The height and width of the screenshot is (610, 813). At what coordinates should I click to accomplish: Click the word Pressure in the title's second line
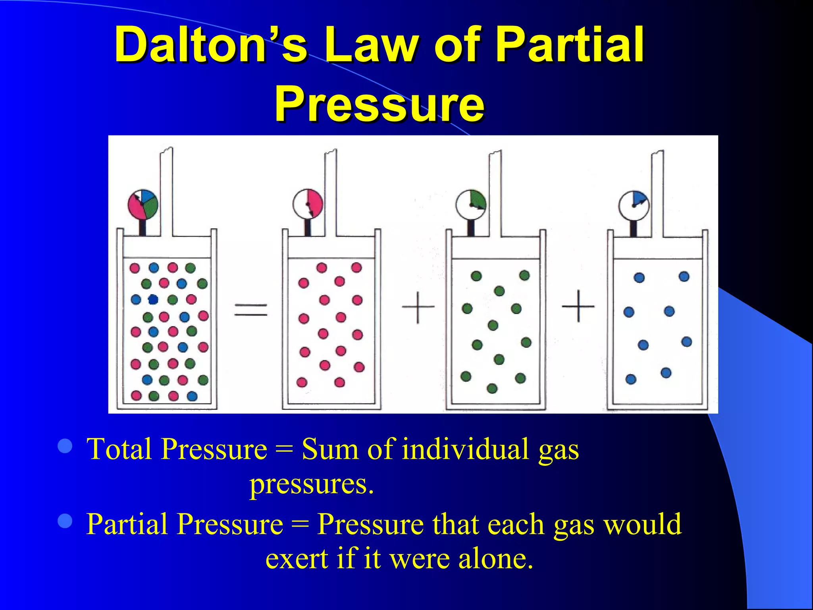coord(379,104)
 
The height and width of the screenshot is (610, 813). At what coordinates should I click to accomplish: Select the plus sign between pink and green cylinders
coord(418,307)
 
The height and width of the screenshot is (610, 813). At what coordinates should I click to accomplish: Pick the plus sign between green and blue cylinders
coord(578,306)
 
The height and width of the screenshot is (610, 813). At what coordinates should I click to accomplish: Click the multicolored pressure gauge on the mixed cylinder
coord(143,205)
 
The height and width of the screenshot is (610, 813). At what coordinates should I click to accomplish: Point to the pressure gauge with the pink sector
coord(308,204)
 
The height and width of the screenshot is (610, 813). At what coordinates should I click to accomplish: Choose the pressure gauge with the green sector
coord(471,205)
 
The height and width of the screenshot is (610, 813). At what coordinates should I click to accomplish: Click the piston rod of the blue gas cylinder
coord(657,195)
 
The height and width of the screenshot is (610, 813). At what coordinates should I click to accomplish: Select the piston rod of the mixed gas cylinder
coord(166,191)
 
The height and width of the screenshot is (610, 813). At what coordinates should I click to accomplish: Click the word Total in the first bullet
coord(119,450)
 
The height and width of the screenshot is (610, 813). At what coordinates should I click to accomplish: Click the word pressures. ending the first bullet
coord(312,485)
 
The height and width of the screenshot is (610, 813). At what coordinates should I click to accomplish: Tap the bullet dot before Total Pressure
coord(65,446)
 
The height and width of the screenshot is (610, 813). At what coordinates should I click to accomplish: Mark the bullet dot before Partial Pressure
coord(65,521)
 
